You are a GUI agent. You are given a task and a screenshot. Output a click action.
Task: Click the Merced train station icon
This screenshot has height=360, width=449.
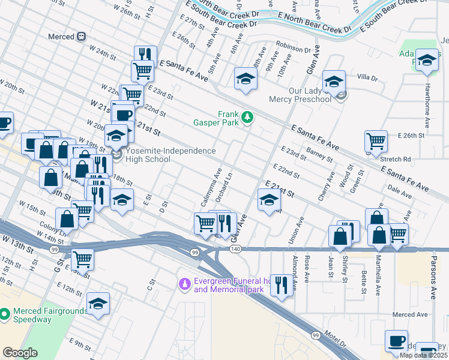pyautogui.click(x=82, y=37)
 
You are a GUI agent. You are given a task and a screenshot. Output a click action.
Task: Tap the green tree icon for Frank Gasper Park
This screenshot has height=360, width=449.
pyautogui.click(x=246, y=116)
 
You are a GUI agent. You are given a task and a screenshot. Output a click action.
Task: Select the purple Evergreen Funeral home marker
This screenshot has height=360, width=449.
pyautogui.click(x=185, y=282)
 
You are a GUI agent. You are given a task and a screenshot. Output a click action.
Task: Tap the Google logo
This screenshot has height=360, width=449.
pyautogui.click(x=20, y=352)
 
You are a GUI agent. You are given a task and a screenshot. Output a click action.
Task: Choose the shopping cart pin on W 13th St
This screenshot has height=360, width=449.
pyautogui.click(x=82, y=259)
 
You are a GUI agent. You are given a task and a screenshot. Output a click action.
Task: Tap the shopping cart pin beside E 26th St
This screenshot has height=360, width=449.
pyautogui.click(x=376, y=142)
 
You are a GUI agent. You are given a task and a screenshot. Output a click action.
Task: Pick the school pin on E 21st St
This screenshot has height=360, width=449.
pyautogui.click(x=269, y=200)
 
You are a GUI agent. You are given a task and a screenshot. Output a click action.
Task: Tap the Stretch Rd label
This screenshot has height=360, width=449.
pyautogui.click(x=399, y=160)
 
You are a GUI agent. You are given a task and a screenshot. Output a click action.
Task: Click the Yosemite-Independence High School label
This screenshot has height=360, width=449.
pyautogui.click(x=170, y=155)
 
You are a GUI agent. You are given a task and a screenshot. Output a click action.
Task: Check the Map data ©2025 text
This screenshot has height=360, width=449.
pyautogui.click(x=423, y=355)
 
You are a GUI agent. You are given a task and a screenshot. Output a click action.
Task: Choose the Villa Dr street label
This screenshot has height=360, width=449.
pyautogui.click(x=367, y=78)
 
